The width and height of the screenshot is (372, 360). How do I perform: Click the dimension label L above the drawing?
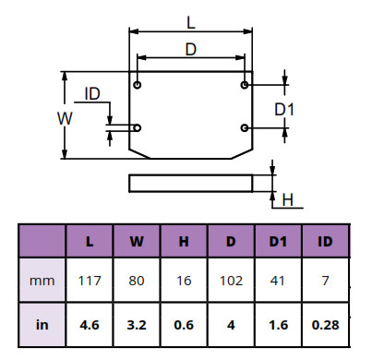point(191,22)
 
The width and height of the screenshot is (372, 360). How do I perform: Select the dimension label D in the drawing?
point(191,49)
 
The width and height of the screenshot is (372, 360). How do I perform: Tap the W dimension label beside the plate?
point(65,118)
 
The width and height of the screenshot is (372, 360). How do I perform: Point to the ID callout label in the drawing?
point(92,93)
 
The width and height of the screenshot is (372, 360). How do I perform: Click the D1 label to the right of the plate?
point(284,109)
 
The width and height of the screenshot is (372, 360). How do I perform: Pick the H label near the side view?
point(288,200)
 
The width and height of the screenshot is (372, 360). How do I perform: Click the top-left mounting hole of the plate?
point(138,85)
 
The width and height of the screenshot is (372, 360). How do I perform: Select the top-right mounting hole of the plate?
point(245,85)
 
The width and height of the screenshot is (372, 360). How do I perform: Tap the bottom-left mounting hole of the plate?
point(138,127)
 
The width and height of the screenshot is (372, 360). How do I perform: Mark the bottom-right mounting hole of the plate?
point(245,127)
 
